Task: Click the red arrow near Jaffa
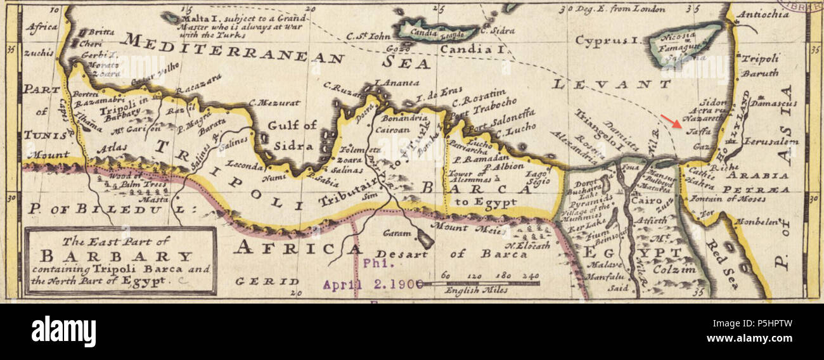669,121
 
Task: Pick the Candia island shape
437,30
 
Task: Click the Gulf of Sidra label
292,135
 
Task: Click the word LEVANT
610,84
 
